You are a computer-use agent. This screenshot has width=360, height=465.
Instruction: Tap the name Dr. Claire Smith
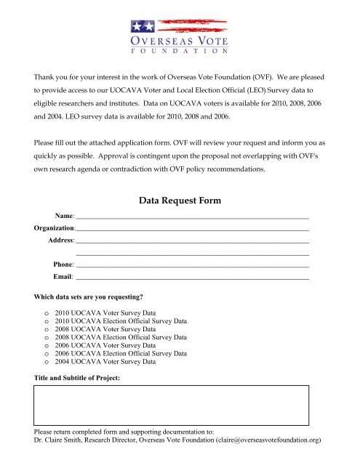pyautogui.click(x=63, y=440)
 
